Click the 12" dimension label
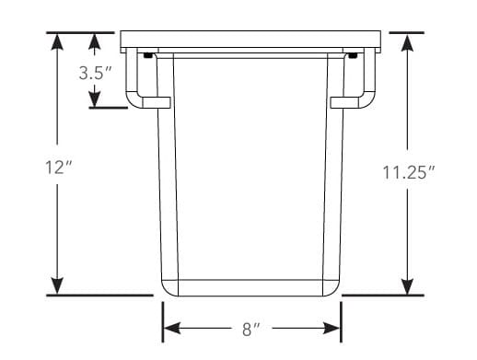tap(58, 168)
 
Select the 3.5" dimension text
tap(95, 73)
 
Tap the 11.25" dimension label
tap(409, 172)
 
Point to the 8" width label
tap(251, 329)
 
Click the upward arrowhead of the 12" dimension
tap(57, 41)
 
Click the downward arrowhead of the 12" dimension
tap(57, 286)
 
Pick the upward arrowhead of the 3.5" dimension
tap(95, 41)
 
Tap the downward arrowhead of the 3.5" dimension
tap(95, 99)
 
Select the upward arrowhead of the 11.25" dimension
tap(407, 42)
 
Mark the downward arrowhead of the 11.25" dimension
tap(407, 286)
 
